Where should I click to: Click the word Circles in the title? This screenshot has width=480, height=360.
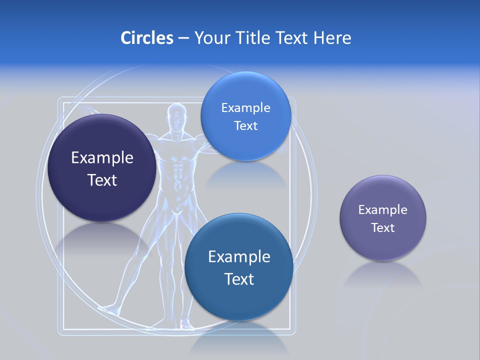(x=146, y=37)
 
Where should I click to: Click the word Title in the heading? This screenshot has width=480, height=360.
(x=253, y=37)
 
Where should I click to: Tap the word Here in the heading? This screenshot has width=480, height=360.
(x=332, y=37)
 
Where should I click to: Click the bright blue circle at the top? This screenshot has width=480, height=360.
(x=245, y=90)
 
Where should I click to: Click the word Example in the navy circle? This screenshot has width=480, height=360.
(x=102, y=157)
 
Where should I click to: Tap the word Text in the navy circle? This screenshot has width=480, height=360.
(x=102, y=180)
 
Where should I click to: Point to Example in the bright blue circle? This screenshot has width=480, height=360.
(x=245, y=107)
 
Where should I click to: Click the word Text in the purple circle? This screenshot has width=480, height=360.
(x=383, y=228)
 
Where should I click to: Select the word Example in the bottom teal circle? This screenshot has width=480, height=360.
(x=239, y=256)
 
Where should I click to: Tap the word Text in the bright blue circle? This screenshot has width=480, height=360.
(x=245, y=125)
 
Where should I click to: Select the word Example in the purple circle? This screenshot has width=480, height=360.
(x=383, y=210)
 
